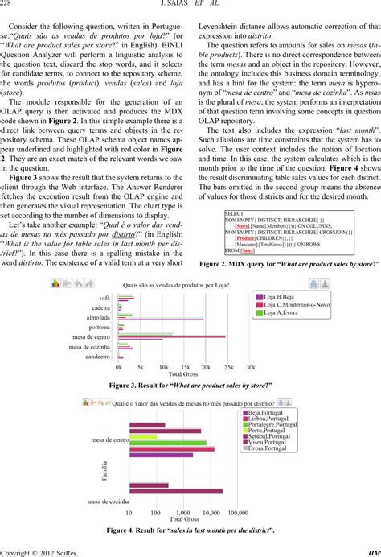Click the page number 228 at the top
(9, 6)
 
